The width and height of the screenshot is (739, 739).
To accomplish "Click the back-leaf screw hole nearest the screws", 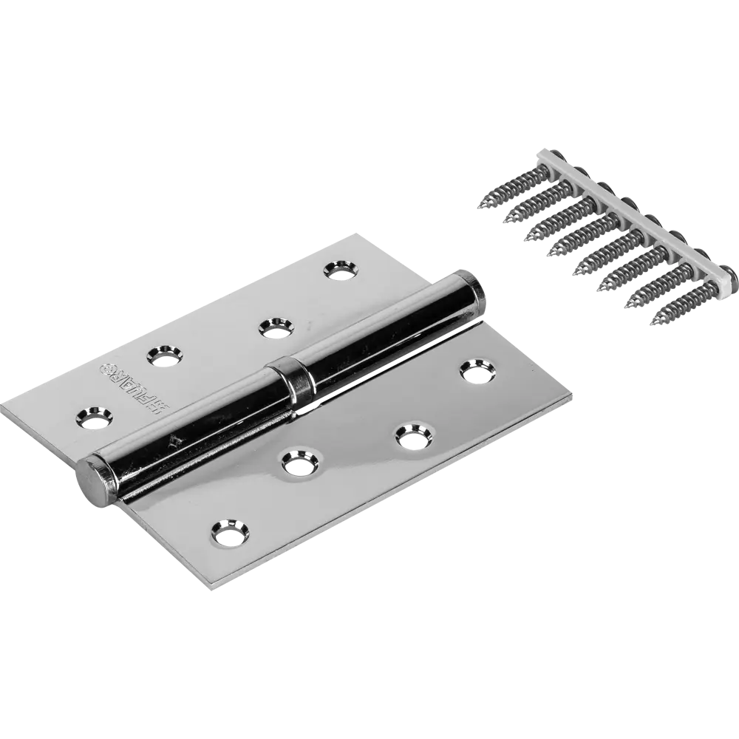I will tap(338, 270).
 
